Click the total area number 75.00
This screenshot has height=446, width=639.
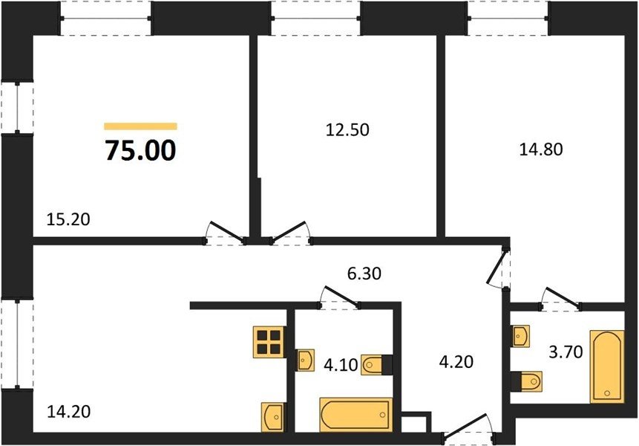pyautogui.click(x=140, y=150)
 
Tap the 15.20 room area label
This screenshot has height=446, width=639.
pyautogui.click(x=68, y=220)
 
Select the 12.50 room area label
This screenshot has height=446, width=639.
pyautogui.click(x=347, y=130)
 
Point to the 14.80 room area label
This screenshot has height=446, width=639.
pyautogui.click(x=541, y=149)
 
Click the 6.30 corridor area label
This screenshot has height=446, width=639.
pyautogui.click(x=364, y=274)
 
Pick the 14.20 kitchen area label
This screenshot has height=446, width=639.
pyautogui.click(x=68, y=411)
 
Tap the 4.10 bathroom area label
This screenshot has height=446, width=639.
pyautogui.click(x=341, y=365)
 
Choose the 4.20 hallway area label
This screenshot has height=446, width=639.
pyautogui.click(x=456, y=361)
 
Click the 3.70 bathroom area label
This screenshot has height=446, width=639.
pyautogui.click(x=566, y=352)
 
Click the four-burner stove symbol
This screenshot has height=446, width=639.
pyautogui.click(x=269, y=342)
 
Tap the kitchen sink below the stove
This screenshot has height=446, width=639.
pyautogui.click(x=274, y=416)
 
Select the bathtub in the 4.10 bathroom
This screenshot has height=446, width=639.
pyautogui.click(x=356, y=415)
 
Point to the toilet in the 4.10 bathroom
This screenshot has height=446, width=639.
pyautogui.click(x=376, y=365)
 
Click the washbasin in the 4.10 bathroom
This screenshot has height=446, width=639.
pyautogui.click(x=305, y=360)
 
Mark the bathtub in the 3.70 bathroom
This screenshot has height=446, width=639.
pyautogui.click(x=607, y=366)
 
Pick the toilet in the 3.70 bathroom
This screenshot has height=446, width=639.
pyautogui.click(x=526, y=381)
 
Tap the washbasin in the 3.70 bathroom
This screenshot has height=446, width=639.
pyautogui.click(x=521, y=336)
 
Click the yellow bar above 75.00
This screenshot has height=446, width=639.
pyautogui.click(x=140, y=126)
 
